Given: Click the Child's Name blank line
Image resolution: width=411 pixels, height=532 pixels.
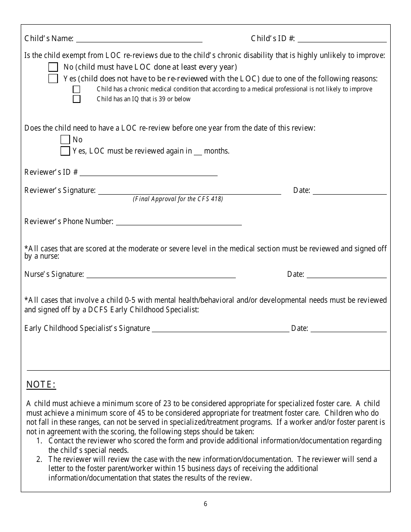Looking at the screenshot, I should point(139,41).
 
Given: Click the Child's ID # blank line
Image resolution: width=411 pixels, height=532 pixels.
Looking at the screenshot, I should point(342,41).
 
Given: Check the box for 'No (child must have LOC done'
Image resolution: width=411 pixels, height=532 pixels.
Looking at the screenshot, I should point(53,67).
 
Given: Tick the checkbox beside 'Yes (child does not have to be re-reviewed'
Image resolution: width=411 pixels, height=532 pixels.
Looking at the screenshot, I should point(53,79).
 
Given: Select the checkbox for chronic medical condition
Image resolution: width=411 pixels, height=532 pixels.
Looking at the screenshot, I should point(77,90).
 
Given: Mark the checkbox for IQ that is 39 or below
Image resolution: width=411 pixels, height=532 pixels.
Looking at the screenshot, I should point(77,99).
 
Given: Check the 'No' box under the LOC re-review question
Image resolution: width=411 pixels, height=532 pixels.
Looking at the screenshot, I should point(65,140).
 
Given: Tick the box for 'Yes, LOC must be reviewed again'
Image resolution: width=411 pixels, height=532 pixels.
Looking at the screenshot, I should point(65,151).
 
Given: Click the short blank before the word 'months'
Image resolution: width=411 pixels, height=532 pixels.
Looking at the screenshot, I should point(198,153).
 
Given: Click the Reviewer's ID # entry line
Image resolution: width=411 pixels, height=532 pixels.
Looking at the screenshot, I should point(148,174).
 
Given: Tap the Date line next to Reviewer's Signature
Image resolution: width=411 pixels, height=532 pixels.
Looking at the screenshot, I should point(349,193).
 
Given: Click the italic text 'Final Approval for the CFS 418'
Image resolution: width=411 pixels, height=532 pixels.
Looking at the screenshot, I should point(178,199).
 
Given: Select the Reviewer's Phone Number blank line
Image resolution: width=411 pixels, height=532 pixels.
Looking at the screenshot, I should point(179,224).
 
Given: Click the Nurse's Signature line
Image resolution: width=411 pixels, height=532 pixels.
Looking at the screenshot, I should point(161,276).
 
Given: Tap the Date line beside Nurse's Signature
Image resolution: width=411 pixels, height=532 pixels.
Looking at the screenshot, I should point(346,276).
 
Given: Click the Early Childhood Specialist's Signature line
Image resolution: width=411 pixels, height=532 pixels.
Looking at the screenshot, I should point(220,330).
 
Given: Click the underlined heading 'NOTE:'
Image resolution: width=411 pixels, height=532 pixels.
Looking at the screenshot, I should point(42,385).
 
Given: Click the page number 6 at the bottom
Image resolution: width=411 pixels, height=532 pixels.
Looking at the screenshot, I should point(205,504).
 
